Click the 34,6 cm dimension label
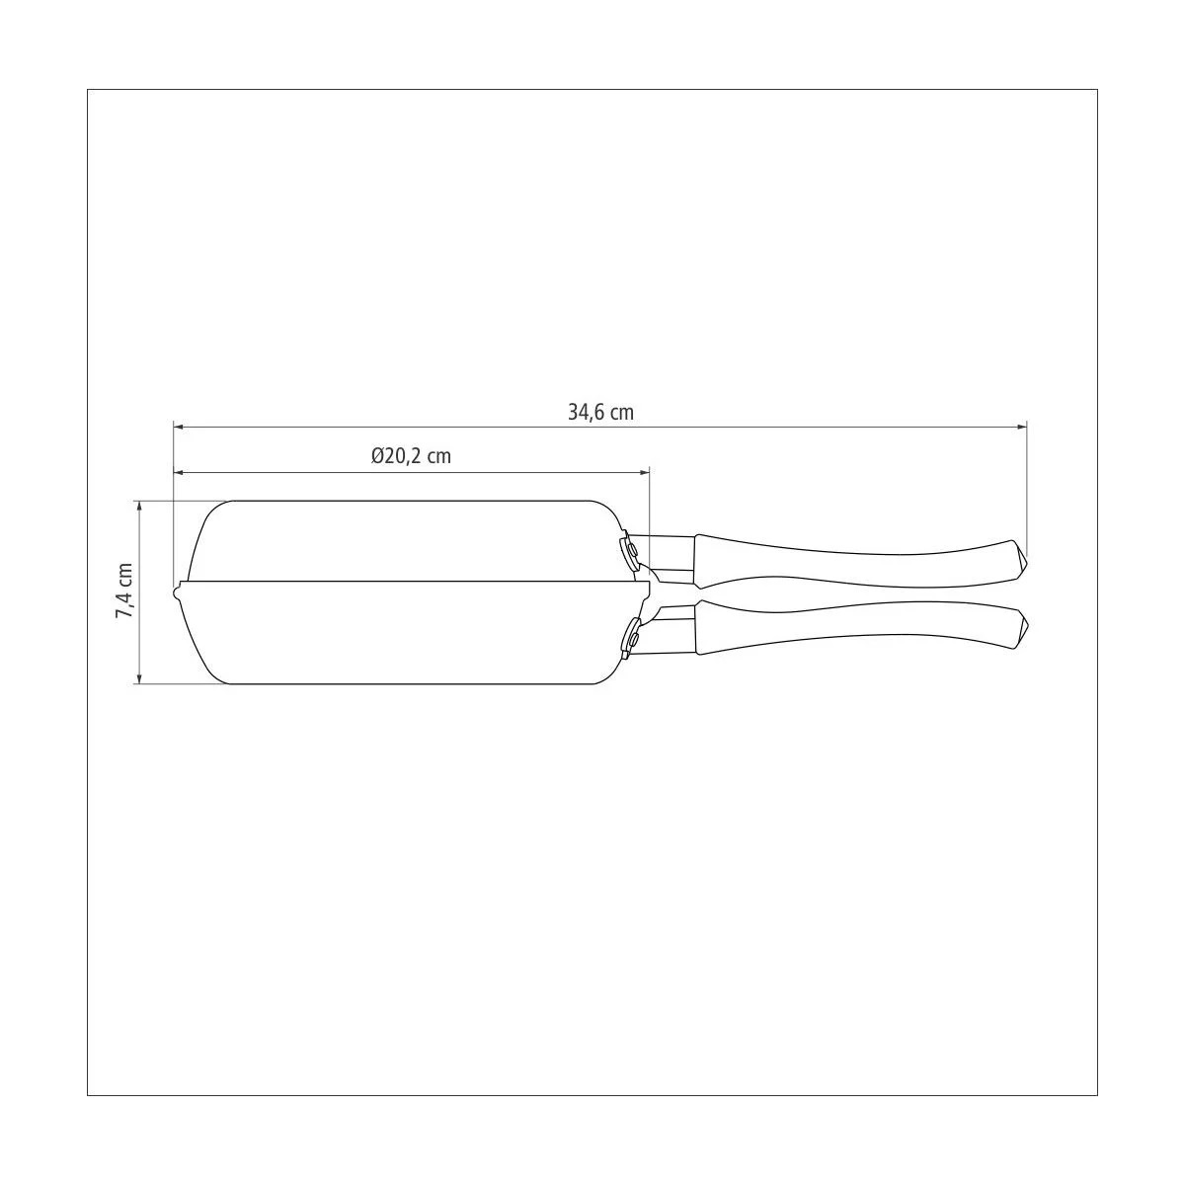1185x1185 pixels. [600, 412]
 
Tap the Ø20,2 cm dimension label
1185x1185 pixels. [411, 456]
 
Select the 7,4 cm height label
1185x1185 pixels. [124, 591]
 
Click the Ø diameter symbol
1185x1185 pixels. [378, 456]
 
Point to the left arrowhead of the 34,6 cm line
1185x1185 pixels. [179, 426]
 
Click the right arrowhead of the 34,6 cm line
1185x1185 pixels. [1022, 427]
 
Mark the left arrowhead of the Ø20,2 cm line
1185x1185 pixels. [179, 472]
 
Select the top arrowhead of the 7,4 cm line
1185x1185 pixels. [140, 507]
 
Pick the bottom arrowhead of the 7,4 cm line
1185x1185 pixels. [140, 677]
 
